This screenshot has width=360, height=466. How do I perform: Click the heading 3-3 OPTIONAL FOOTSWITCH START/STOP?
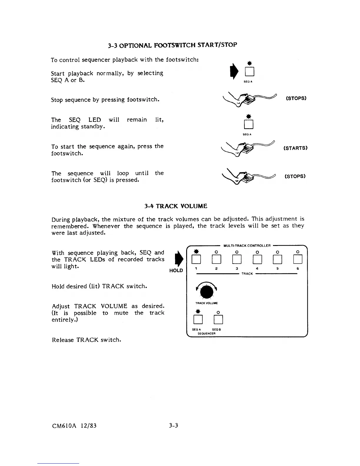coord(172,45)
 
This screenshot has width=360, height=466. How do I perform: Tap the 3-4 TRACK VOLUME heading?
coord(176,206)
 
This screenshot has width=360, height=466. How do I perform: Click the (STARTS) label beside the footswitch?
coord(295,148)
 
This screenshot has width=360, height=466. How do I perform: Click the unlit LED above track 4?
coord(257,252)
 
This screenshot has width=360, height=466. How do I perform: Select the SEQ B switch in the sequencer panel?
coord(218,319)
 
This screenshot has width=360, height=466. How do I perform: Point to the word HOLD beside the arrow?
coord(176,271)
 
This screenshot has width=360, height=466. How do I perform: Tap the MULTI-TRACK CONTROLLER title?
coord(247,246)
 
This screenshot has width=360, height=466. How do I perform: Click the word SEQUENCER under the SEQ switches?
coord(206,334)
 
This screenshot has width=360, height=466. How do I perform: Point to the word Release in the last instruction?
coord(63,340)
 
